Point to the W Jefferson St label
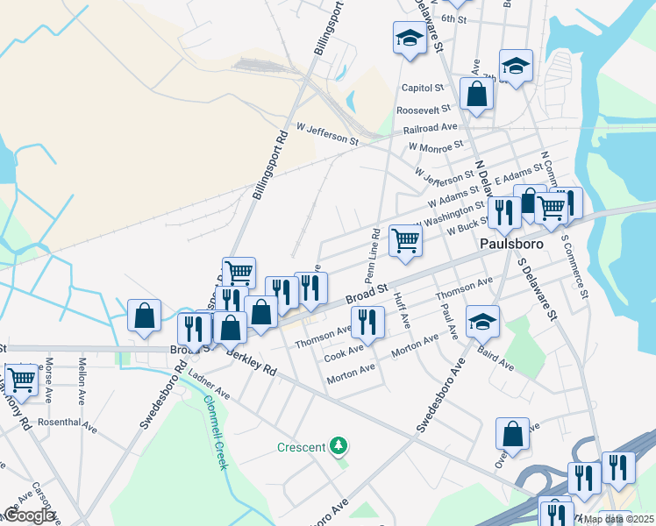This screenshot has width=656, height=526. pos(327,134)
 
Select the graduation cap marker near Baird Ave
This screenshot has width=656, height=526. pos(482,323)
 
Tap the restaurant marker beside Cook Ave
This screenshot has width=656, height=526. pos(367,322)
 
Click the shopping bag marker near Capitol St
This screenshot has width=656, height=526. pos(475,94)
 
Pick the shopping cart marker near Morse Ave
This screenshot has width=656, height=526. pos(21,380)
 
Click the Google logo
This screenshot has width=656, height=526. pos(29,515)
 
